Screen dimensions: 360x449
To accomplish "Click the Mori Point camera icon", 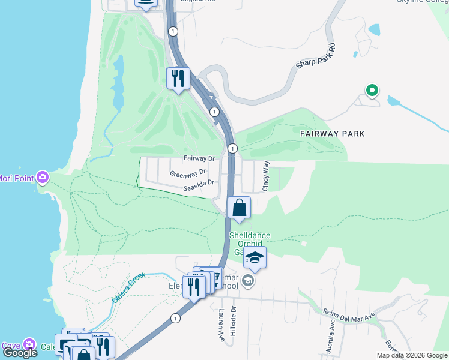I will pyautogui.click(x=43, y=178).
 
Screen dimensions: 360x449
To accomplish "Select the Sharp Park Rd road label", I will pyautogui.click(x=315, y=56).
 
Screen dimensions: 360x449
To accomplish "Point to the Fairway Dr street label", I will pyautogui.click(x=199, y=159).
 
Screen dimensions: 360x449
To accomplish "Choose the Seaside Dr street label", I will pyautogui.click(x=199, y=185).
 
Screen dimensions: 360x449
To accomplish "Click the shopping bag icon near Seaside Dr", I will pyautogui.click(x=239, y=208).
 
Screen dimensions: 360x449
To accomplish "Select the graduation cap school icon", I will pyautogui.click(x=255, y=258).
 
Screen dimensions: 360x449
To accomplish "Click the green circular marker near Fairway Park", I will pyautogui.click(x=372, y=91).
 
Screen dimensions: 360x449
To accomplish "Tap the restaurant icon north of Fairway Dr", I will pyautogui.click(x=178, y=79).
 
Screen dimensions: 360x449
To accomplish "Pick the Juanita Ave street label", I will pyautogui.click(x=332, y=329).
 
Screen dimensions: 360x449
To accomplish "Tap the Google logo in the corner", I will pyautogui.click(x=20, y=352).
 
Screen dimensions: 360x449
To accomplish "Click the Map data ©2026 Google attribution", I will pyautogui.click(x=411, y=355).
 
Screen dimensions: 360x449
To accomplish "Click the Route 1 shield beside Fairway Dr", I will pyautogui.click(x=232, y=148).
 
